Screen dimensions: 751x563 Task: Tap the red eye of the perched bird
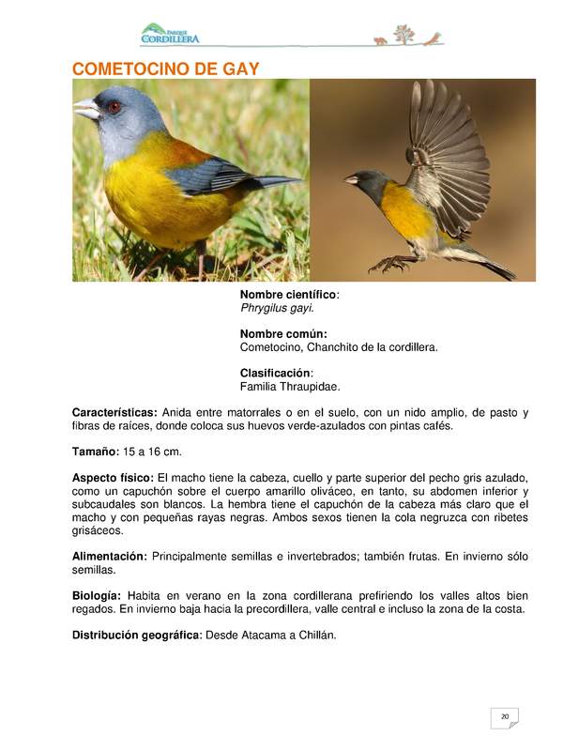[x=114, y=107]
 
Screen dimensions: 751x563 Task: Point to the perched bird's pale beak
[x=86, y=110]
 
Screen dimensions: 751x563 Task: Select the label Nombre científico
[x=289, y=295]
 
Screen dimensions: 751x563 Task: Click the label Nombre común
[x=283, y=334]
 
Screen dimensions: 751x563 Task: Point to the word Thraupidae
[x=310, y=386]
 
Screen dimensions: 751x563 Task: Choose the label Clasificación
[x=277, y=373]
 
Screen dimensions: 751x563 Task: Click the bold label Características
[x=114, y=412]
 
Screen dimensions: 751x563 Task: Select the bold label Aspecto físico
[x=113, y=478]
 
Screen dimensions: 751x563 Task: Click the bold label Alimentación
[x=110, y=557]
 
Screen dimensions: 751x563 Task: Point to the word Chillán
[x=313, y=636]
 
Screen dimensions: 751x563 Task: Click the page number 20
[x=505, y=717]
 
